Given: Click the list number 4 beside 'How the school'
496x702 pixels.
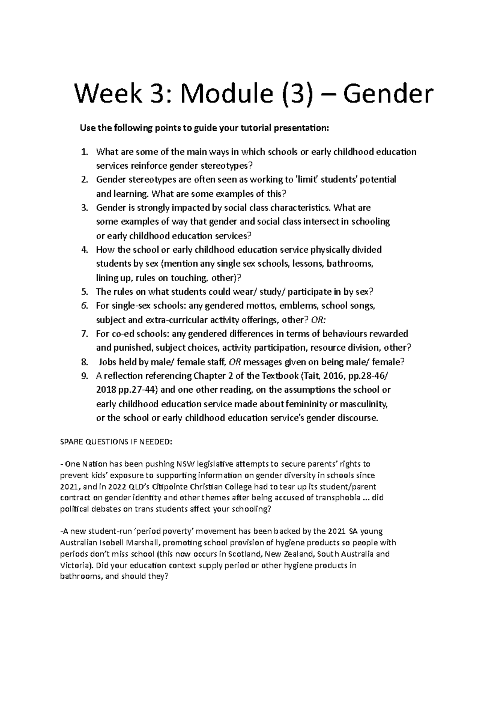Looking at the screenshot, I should point(84,250).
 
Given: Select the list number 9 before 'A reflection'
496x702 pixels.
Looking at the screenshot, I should point(84,376).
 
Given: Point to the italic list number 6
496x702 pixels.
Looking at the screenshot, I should point(84,306).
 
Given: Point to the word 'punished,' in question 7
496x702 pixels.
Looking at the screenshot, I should point(134,348).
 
